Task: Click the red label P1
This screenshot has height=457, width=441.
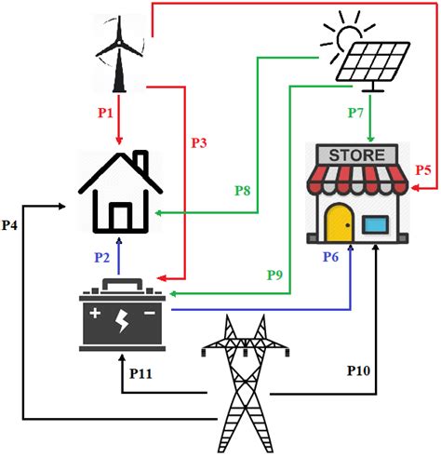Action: [104, 113]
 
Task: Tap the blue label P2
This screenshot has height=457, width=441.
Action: [103, 257]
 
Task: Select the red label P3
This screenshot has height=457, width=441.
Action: [199, 142]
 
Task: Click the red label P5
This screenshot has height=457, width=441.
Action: [423, 169]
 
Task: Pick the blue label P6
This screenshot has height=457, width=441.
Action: [331, 257]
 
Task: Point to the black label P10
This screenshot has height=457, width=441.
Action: [359, 370]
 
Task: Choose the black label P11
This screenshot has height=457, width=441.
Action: [142, 373]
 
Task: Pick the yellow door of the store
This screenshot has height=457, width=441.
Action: [337, 221]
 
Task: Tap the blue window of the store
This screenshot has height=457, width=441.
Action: [375, 224]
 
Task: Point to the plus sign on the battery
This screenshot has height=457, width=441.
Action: [96, 312]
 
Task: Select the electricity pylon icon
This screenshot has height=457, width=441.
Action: [244, 382]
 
